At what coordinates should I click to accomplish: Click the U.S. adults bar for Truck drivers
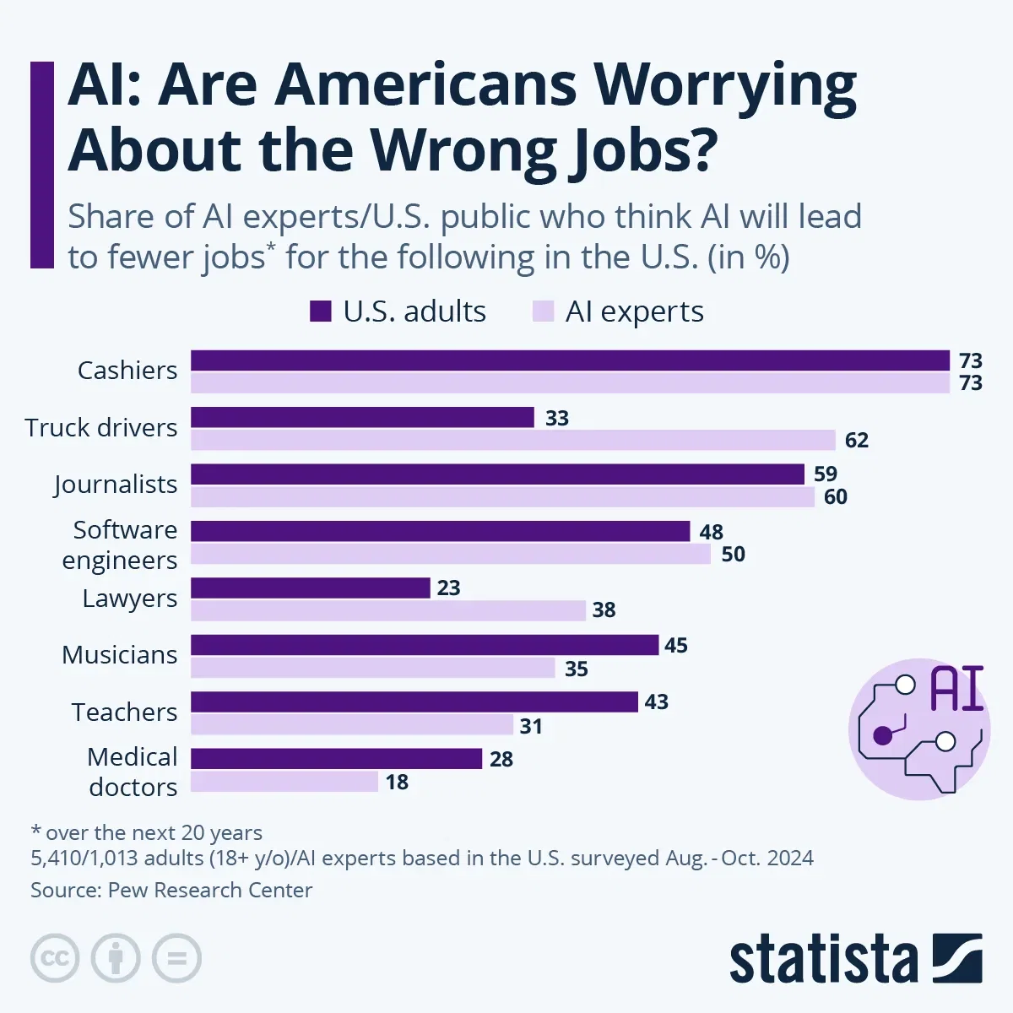coord(362,417)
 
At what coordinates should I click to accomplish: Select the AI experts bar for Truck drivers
coord(513,440)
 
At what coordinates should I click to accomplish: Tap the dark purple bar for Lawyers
coord(310,588)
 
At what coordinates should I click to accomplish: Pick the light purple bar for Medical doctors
coord(284,782)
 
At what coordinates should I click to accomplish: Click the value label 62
coord(856,441)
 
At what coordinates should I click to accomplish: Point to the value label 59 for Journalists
coord(825,474)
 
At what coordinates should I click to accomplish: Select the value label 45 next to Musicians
coord(675,646)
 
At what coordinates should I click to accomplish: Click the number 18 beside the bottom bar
coord(397,783)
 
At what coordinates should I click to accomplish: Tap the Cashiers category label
coord(127,371)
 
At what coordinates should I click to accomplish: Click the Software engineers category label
coord(120,544)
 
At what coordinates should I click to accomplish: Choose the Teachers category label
coord(124,712)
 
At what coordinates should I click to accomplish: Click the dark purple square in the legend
coord(320,311)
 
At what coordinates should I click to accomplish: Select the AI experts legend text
coord(634,311)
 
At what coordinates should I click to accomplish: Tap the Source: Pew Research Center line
coord(171,890)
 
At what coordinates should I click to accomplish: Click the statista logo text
coord(823,960)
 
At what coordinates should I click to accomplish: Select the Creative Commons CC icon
coord(55,958)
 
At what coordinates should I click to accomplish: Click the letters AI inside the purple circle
coord(956,689)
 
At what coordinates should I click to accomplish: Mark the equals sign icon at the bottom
coord(176,958)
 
